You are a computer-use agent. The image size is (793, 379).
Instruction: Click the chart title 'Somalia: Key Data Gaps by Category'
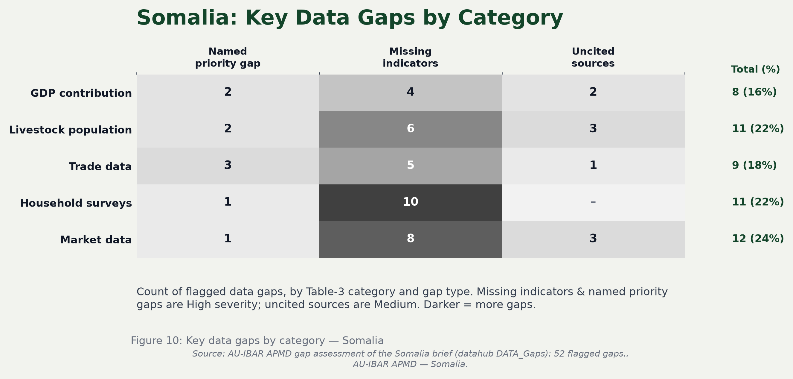pyautogui.click(x=350, y=18)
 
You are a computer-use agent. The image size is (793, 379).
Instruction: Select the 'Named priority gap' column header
pyautogui.click(x=228, y=57)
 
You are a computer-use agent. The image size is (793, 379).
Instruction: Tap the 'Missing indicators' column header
pyautogui.click(x=410, y=57)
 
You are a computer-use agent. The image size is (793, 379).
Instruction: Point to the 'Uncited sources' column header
pyautogui.click(x=593, y=57)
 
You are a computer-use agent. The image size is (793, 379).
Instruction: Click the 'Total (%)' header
pyautogui.click(x=755, y=69)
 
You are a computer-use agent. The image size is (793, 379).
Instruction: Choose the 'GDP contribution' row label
pyautogui.click(x=81, y=93)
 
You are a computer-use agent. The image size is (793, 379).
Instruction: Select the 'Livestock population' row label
pyautogui.click(x=71, y=130)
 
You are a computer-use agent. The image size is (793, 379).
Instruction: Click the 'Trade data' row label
pyautogui.click(x=100, y=166)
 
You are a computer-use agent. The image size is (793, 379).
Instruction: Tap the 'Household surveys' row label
pyautogui.click(x=76, y=203)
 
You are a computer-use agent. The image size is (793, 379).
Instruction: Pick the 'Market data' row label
pyautogui.click(x=96, y=240)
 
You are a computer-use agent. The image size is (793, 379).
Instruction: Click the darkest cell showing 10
pyautogui.click(x=410, y=203)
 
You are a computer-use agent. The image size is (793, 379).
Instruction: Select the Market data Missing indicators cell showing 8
pyautogui.click(x=410, y=239)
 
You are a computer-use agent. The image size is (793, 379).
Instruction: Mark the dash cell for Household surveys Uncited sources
pyautogui.click(x=593, y=203)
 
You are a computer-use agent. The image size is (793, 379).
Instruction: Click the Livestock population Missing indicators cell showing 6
pyautogui.click(x=410, y=129)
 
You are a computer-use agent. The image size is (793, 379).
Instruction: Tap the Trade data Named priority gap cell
pyautogui.click(x=228, y=166)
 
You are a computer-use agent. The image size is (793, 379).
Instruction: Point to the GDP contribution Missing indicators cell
pyautogui.click(x=410, y=93)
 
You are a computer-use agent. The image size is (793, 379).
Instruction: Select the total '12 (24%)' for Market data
pyautogui.click(x=758, y=239)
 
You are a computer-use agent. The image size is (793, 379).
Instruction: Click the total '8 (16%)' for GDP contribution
pyautogui.click(x=754, y=92)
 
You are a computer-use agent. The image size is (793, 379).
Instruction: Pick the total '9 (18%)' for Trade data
pyautogui.click(x=754, y=165)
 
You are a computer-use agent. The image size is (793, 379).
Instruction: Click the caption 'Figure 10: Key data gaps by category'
pyautogui.click(x=228, y=340)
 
